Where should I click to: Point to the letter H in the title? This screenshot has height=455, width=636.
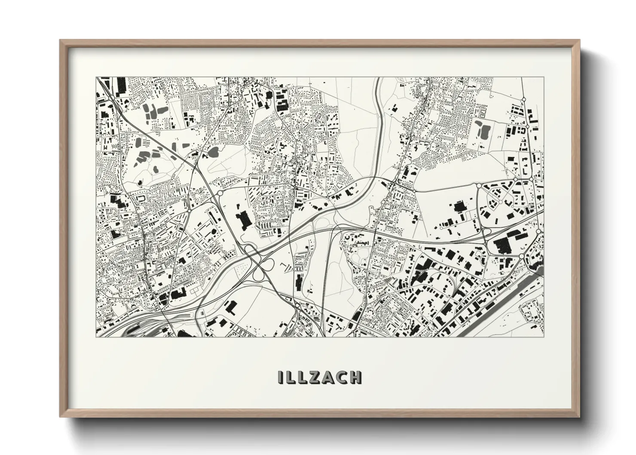tap(355, 377)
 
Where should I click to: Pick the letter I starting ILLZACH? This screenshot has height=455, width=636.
tap(280, 377)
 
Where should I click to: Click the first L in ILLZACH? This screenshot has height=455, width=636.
tap(289, 377)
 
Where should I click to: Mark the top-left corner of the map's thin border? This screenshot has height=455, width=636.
tap(96, 77)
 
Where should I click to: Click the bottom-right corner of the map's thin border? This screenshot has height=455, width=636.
tap(544, 337)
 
